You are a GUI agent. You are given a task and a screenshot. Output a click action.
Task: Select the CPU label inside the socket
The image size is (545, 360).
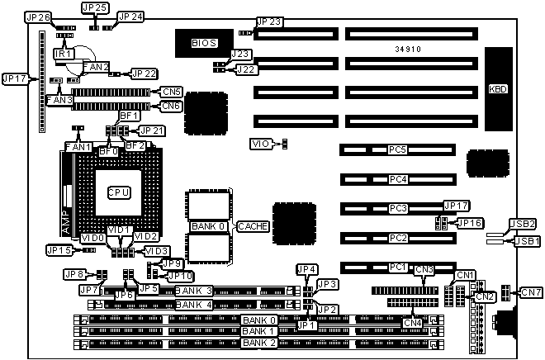[118, 192]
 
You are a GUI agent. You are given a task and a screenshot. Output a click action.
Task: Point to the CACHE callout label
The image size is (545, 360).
[253, 225]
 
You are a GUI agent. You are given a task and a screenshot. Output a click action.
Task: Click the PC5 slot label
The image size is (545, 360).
[398, 149]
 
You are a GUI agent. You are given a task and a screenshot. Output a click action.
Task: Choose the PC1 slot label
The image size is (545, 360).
[398, 267]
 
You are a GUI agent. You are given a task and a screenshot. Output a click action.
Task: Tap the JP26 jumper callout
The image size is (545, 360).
[38, 17]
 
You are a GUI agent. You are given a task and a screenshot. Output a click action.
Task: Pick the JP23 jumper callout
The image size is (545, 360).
[269, 22]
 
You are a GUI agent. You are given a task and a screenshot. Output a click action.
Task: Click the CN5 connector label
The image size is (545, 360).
[171, 92]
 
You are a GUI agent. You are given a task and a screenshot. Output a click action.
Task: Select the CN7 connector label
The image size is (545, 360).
[532, 291]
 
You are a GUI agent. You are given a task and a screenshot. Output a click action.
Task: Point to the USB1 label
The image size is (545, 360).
[526, 241]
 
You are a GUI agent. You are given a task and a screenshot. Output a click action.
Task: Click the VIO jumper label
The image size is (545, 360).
[259, 144]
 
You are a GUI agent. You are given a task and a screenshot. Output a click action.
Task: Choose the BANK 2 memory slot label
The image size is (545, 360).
[259, 342]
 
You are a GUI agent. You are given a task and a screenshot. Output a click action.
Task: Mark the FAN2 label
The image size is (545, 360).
[97, 66]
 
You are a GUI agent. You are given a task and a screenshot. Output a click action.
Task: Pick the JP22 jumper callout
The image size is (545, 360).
[144, 73]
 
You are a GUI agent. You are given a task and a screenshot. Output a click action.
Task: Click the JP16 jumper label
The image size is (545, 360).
[470, 223]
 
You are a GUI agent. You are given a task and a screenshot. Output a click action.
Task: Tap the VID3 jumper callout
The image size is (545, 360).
[156, 251]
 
